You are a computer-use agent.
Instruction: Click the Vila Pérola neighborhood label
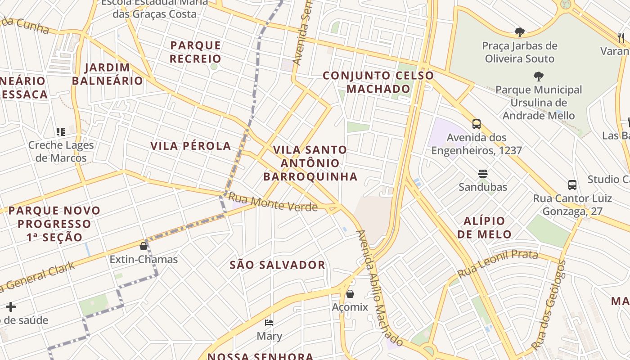tap(191, 146)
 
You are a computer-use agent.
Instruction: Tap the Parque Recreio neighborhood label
tap(196, 52)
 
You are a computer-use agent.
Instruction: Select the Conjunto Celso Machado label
tap(378, 82)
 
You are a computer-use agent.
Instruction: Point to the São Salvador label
tap(278, 265)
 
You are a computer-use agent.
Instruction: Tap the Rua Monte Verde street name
tap(273, 202)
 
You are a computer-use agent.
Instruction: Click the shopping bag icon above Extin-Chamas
tap(144, 246)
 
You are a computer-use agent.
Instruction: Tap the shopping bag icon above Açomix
tap(350, 294)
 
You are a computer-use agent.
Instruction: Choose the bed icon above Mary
tap(269, 323)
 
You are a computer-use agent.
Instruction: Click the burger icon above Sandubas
tap(483, 174)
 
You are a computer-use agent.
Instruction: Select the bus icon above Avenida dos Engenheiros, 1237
tap(477, 124)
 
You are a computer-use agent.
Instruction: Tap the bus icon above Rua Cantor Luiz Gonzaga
tap(572, 184)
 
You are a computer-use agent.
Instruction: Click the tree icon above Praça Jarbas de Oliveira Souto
tap(520, 32)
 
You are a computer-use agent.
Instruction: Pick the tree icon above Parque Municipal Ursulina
tap(538, 76)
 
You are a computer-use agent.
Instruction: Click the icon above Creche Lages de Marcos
tap(61, 132)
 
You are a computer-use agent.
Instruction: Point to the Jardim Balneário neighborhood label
tap(108, 74)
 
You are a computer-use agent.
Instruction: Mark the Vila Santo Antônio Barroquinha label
tap(310, 163)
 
